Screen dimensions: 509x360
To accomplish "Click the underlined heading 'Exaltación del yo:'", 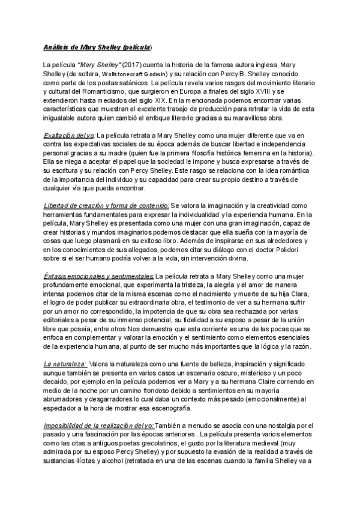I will point(69,135).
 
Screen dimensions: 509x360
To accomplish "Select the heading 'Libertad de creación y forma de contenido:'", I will point(106,205).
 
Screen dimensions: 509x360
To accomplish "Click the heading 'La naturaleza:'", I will point(65,363).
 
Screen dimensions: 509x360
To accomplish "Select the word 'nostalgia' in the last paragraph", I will point(283,425).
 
